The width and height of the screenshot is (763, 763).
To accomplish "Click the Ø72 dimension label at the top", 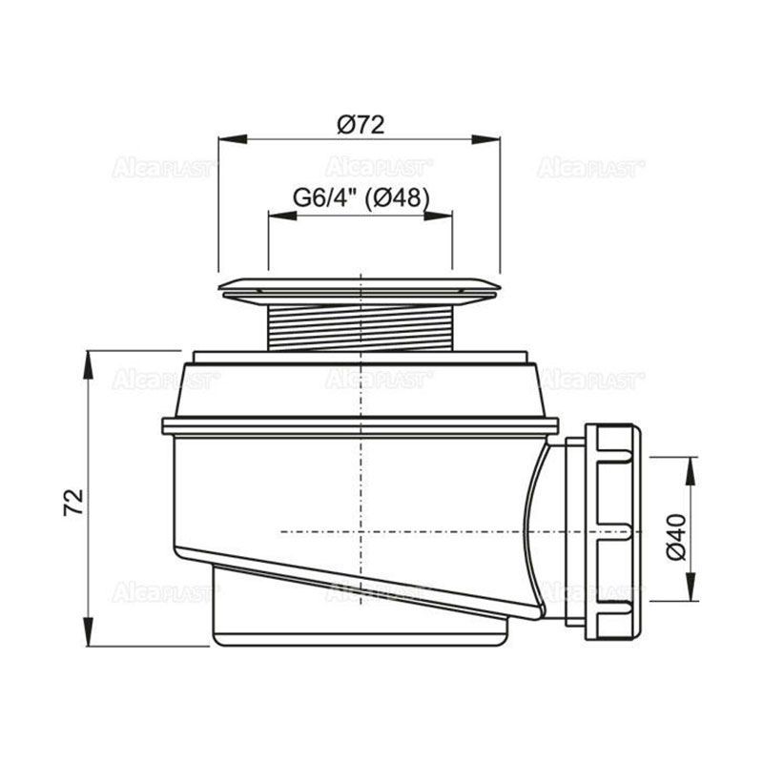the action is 361,125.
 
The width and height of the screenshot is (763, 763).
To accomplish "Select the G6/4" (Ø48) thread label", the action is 361,198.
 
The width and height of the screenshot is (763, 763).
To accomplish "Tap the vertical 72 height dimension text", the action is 74,503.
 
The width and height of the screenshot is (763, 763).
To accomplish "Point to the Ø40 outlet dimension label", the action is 676,537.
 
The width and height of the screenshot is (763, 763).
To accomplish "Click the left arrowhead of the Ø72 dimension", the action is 233,139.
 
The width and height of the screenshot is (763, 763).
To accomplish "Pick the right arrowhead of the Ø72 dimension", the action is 485,139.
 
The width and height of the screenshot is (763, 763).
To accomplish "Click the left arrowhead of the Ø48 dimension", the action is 282,216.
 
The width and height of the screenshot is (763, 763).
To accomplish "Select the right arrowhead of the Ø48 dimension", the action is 439,216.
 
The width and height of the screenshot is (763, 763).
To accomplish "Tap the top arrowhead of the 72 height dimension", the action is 88,364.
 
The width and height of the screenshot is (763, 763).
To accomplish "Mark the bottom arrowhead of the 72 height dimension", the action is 88,631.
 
